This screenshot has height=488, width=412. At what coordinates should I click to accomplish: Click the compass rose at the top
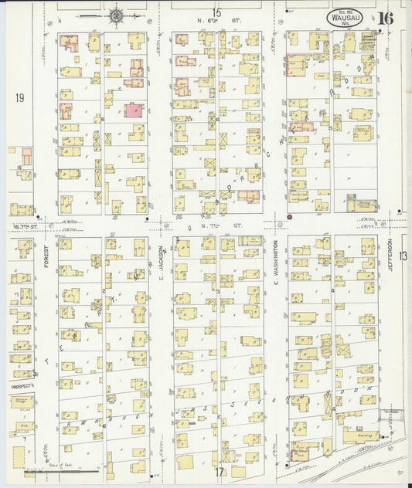coord(117,14)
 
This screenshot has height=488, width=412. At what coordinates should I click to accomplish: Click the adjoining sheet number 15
coord(217,12)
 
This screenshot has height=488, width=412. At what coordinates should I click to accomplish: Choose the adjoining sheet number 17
coord(219,471)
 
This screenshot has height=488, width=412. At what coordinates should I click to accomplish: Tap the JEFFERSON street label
coord(390,259)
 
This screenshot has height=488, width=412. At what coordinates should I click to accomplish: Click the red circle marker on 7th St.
coord(289,218)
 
